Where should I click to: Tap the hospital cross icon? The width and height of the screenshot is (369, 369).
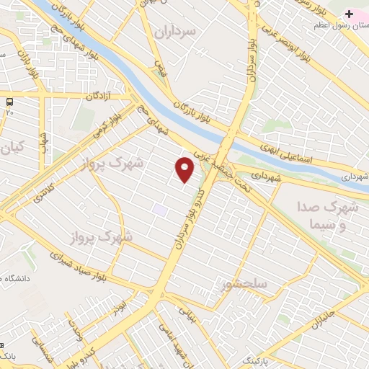coord(350,14)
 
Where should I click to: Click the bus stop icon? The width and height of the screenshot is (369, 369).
coord(9,102)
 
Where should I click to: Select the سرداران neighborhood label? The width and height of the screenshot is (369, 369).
coord(174,32)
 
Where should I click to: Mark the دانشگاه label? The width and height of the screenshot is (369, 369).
coord(18,278)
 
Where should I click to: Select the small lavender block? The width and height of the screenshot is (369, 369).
coord(159,209)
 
